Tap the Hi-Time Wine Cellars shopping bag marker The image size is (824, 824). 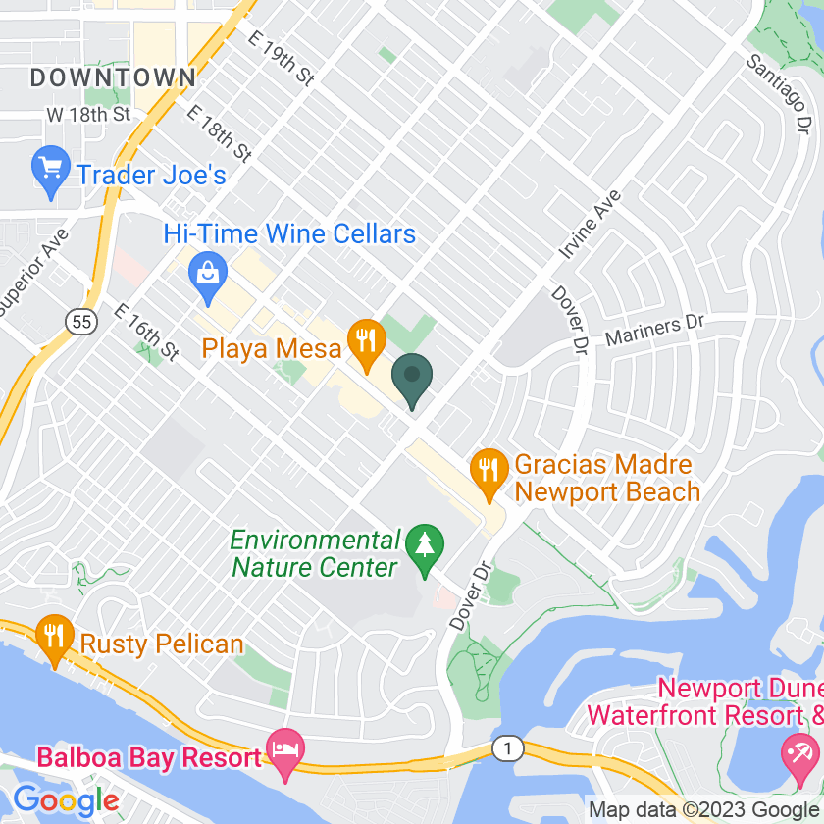pos(208,269)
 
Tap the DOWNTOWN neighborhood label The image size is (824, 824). pos(113,77)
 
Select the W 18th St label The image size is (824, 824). pos(88,114)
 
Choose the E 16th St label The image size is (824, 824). pos(147,331)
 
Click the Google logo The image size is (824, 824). pos(67,799)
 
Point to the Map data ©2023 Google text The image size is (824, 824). pos(702,810)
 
